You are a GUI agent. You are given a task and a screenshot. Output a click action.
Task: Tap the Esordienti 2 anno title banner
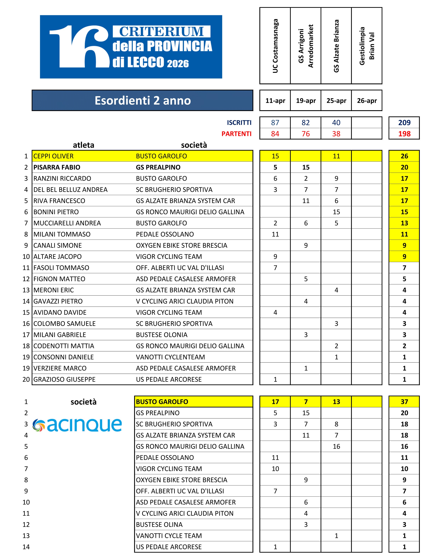[x=142, y=100]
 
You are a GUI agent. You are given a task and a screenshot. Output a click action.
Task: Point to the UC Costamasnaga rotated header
[x=275, y=46]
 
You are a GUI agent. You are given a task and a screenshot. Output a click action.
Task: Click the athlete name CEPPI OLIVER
[x=53, y=156]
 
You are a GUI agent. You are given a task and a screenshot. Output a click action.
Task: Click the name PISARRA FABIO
[x=57, y=167]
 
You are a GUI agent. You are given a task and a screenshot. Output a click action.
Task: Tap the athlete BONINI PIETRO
[x=56, y=212]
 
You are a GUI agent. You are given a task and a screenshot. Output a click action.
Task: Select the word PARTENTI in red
[x=236, y=134]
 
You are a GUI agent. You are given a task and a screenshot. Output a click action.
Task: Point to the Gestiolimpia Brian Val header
[x=366, y=46]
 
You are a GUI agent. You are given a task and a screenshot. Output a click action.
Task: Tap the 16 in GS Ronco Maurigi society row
[x=336, y=446]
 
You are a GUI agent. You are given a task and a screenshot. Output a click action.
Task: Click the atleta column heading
[x=84, y=145]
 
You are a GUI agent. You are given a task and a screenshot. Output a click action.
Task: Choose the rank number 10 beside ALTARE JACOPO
[x=26, y=257]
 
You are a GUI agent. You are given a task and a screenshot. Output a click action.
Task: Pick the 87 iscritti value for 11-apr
[x=275, y=123]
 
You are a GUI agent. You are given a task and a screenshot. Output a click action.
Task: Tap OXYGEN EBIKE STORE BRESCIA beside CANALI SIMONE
[x=182, y=246]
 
